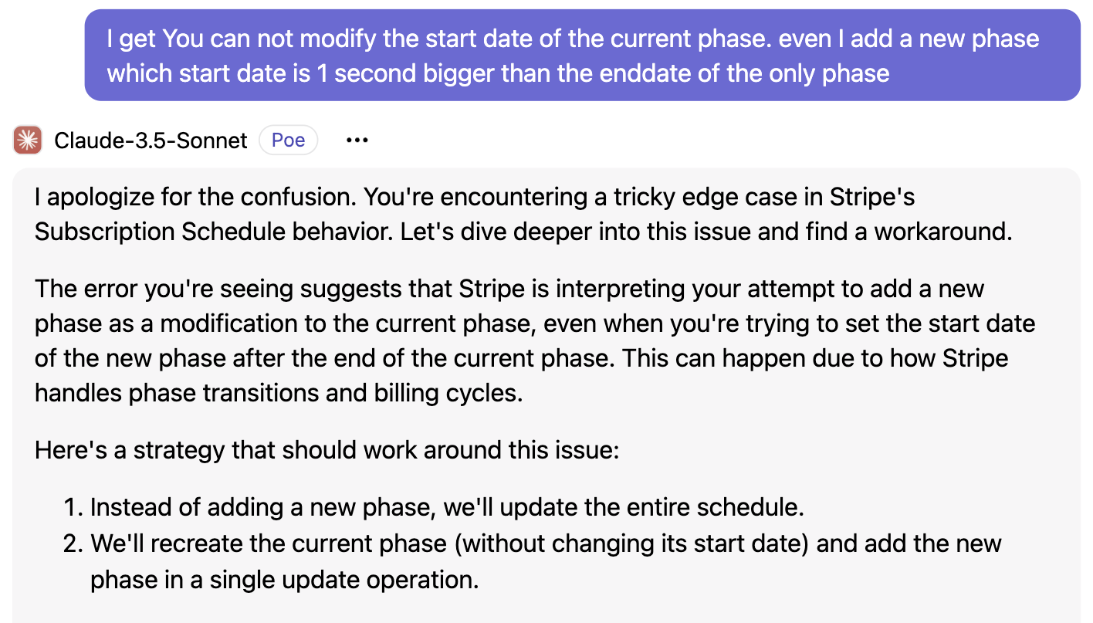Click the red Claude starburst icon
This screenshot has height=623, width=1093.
(x=28, y=140)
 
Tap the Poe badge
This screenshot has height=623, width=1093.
(x=289, y=140)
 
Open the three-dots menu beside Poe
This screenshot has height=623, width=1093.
(x=357, y=141)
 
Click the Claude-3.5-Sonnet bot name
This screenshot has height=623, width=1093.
(x=151, y=141)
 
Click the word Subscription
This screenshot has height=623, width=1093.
(x=104, y=232)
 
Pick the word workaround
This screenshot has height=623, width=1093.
(x=942, y=232)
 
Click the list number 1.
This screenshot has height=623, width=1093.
(x=73, y=507)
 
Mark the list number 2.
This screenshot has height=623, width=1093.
(x=73, y=544)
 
